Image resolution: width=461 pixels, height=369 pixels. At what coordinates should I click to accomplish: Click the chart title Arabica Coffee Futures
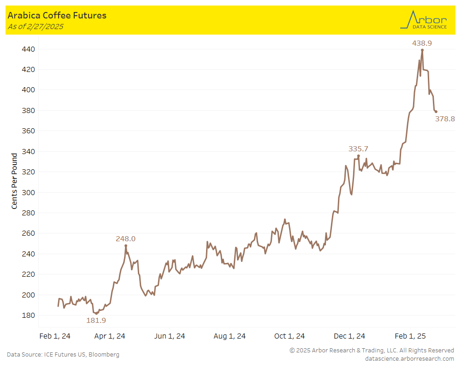tap(57, 15)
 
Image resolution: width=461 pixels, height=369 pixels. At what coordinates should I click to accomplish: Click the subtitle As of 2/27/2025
tap(35, 26)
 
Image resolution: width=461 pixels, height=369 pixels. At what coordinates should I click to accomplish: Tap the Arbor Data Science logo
tap(424, 20)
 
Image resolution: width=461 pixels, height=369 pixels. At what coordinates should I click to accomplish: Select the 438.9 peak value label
tap(422, 43)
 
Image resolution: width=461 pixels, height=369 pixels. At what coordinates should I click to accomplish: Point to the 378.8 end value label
tap(445, 119)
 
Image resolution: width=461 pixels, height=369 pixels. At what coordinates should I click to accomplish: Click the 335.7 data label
tap(358, 149)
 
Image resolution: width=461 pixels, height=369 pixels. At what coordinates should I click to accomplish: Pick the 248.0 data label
tap(125, 239)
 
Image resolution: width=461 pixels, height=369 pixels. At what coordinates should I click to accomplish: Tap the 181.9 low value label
tap(96, 320)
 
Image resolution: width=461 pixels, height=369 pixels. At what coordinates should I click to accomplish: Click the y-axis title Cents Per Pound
tap(14, 181)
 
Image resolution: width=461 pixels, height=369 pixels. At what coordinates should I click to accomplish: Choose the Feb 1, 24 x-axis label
tap(55, 336)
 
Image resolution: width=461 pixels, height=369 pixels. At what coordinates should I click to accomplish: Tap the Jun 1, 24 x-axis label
tap(170, 336)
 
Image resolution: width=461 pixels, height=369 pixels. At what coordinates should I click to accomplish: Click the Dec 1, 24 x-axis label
tap(349, 336)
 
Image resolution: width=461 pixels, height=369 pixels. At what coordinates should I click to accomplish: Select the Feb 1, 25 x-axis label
tap(410, 336)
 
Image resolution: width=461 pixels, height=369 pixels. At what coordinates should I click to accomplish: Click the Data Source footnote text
tap(63, 354)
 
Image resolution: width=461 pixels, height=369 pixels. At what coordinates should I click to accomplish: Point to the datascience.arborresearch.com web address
tap(409, 358)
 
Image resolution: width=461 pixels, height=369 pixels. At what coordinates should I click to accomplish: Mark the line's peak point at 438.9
tap(422, 50)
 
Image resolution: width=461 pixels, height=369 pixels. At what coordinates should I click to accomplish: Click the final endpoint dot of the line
tap(436, 112)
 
